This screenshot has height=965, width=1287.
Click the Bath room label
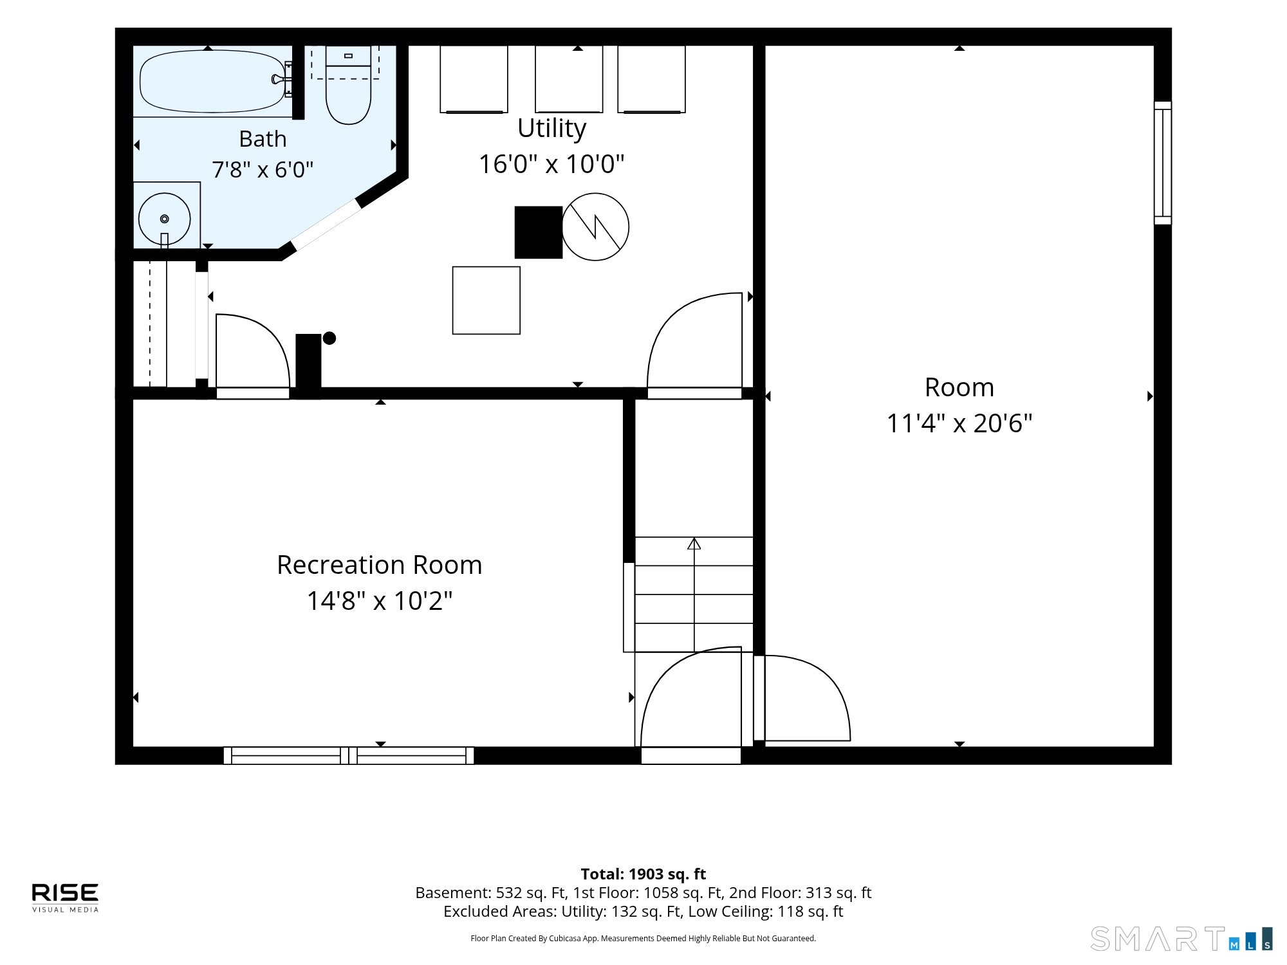[x=263, y=139]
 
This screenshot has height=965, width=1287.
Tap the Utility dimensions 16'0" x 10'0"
[x=551, y=164]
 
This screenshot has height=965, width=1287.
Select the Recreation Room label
[x=380, y=565]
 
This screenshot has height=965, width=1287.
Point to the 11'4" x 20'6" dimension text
[x=959, y=423]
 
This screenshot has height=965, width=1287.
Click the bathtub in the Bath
[x=212, y=81]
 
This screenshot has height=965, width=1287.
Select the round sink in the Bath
[x=165, y=219]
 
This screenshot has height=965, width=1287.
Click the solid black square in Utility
[x=539, y=232]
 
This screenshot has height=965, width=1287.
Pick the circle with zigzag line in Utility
[x=595, y=227]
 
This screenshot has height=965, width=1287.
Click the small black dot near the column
[x=329, y=338]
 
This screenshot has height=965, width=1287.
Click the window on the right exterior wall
[x=1163, y=163]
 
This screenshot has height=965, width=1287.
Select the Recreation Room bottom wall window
[x=349, y=755]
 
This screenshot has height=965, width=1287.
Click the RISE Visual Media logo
[x=66, y=897]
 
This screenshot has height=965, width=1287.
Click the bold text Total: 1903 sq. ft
[x=643, y=874]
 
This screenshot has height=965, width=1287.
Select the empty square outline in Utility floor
[x=486, y=300]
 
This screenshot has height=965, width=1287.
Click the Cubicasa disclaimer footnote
[x=643, y=939]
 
